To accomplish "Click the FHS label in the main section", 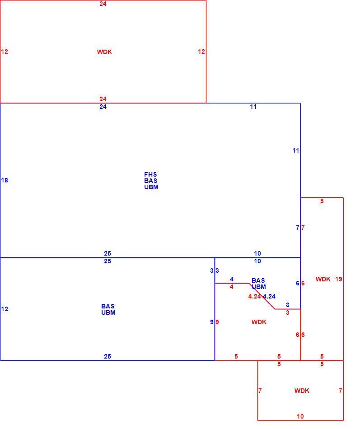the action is click(150, 174).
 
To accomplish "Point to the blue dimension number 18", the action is click(5, 180).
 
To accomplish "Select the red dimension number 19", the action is click(339, 279).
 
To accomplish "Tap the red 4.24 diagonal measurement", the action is click(254, 296).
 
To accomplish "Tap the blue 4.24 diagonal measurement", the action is click(269, 296).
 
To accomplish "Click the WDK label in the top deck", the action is click(104, 52).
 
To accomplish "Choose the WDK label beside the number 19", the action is click(323, 279).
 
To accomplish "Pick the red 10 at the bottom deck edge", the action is click(300, 416).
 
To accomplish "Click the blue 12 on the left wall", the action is click(5, 309).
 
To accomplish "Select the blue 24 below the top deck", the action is click(103, 107).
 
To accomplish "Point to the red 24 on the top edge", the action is click(103, 4).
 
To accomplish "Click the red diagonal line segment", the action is click(262, 296).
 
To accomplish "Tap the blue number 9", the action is click(212, 322).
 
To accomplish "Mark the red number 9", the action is click(217, 322).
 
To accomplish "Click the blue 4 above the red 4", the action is click(232, 279).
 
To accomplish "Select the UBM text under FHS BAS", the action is click(151, 187).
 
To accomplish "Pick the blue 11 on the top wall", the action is click(253, 107).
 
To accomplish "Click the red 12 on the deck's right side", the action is click(201, 51).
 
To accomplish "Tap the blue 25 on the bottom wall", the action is click(108, 356).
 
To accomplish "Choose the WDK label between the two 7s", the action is click(302, 391).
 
